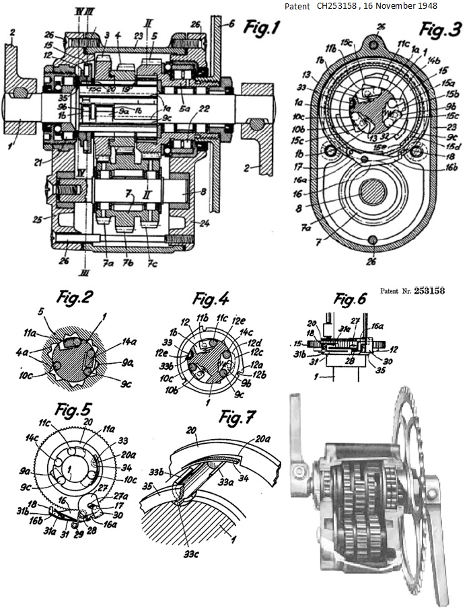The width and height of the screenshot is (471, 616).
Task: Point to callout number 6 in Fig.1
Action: pos(231,23)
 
